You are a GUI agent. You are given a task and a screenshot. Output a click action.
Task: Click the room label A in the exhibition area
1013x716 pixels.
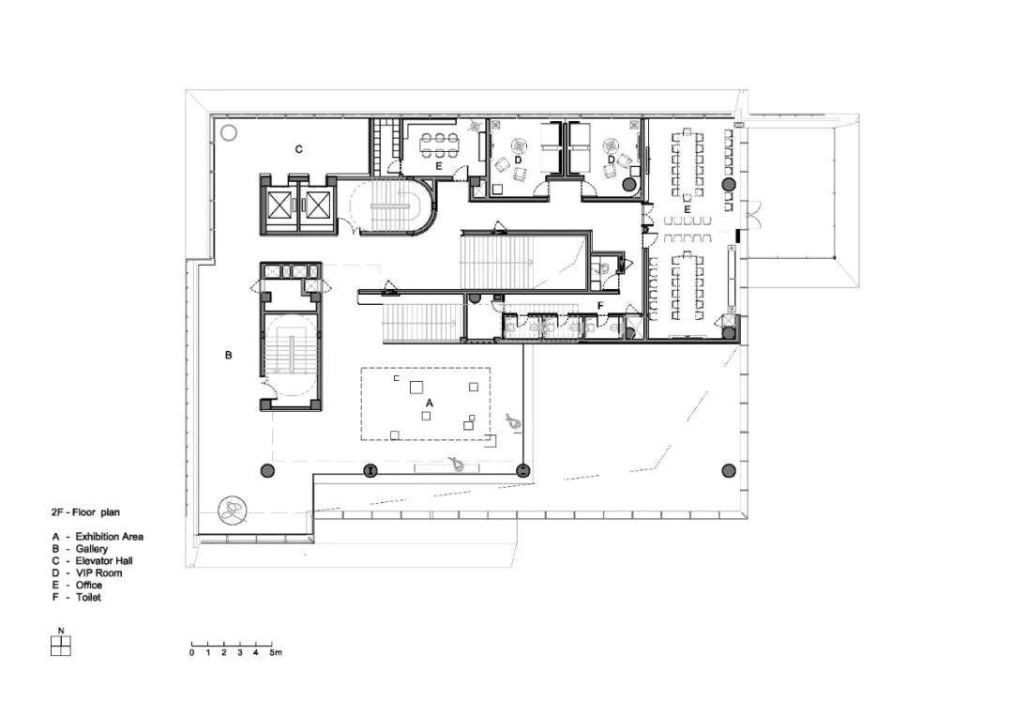point(429,403)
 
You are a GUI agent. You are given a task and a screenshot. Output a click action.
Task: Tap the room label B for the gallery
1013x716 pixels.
point(228,355)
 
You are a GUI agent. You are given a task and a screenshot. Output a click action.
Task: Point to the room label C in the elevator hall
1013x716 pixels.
point(298,149)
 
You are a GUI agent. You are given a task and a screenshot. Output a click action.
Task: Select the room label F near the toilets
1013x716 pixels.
point(600,305)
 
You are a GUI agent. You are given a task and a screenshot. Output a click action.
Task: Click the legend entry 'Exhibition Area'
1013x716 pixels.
point(109,537)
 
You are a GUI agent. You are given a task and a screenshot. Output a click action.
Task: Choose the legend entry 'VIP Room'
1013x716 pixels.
point(98,572)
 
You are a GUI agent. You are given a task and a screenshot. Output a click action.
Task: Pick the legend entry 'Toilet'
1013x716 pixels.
point(88,597)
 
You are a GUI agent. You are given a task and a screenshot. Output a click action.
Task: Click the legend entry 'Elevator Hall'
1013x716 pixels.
point(104,561)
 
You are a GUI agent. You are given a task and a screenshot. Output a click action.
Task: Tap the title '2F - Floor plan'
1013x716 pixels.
point(85,512)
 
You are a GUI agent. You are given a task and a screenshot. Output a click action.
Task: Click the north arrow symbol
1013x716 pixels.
point(60,646)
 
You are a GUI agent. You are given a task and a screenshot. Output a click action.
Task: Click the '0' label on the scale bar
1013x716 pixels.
point(192,653)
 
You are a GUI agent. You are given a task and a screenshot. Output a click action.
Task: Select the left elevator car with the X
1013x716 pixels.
point(280,206)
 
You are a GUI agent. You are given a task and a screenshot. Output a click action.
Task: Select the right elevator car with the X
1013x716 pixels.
point(318,206)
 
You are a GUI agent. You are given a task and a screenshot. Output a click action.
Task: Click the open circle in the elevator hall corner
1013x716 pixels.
point(229,134)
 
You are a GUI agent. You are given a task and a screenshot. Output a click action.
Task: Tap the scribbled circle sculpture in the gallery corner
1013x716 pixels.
point(232,510)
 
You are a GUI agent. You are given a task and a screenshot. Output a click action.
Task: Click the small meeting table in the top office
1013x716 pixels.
point(439,145)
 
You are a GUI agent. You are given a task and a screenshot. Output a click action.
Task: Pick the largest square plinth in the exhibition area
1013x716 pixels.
point(416,388)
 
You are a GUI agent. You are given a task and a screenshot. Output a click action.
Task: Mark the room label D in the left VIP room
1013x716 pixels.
point(518,160)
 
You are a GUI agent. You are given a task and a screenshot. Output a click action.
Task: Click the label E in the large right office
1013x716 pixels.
point(688,209)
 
